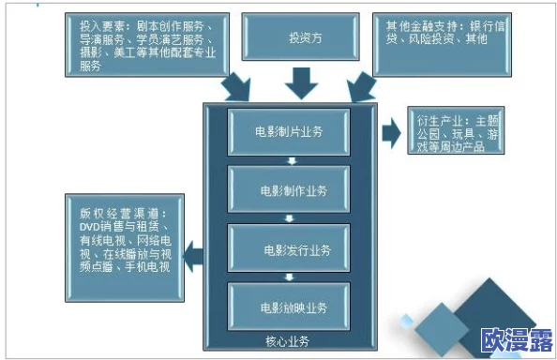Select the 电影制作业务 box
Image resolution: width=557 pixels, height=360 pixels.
pyautogui.click(x=290, y=190)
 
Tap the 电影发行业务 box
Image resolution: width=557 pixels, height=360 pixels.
pyautogui.click(x=290, y=248)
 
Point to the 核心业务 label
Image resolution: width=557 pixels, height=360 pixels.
pyautogui.click(x=288, y=341)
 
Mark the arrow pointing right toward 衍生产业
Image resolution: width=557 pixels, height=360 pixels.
pyautogui.click(x=390, y=133)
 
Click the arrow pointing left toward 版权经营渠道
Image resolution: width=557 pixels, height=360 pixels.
pyautogui.click(x=191, y=249)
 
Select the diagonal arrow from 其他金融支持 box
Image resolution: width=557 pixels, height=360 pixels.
pyautogui.click(x=359, y=87)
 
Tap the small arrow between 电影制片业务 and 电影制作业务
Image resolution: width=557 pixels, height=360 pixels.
pyautogui.click(x=291, y=161)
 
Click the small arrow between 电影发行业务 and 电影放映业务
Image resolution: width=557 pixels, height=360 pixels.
pyautogui.click(x=291, y=277)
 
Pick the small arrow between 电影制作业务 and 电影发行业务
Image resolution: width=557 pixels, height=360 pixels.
pyautogui.click(x=291, y=219)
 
